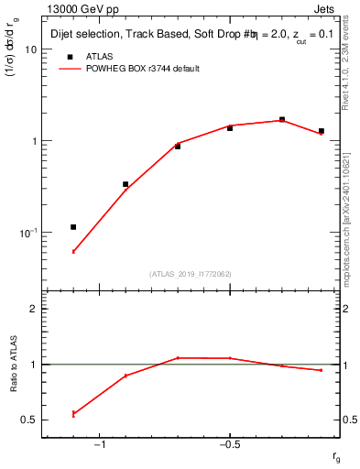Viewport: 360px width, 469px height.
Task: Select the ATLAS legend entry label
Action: click(100, 56)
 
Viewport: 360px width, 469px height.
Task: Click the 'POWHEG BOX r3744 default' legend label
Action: click(143, 69)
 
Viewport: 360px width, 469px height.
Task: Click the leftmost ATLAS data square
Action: click(73, 226)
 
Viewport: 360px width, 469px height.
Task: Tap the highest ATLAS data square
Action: click(282, 119)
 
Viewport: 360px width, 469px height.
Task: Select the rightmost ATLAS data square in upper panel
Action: click(322, 131)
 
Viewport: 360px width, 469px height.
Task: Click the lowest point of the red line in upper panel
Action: click(73, 251)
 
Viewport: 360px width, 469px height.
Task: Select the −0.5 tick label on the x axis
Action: click(229, 445)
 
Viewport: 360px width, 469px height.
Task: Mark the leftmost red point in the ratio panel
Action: click(73, 414)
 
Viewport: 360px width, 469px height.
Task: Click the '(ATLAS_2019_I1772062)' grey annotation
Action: click(191, 274)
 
